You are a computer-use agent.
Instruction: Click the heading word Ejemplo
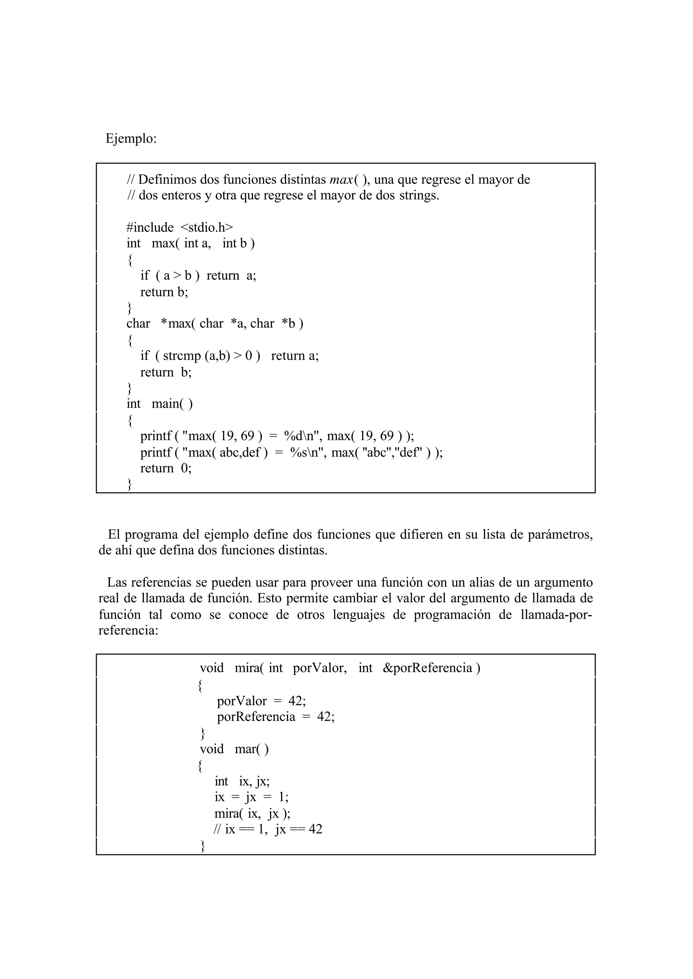pyautogui.click(x=131, y=139)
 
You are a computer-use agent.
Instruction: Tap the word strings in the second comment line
pyautogui.click(x=419, y=196)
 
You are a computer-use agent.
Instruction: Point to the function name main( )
pyautogui.click(x=172, y=403)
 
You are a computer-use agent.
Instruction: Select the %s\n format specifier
pyautogui.click(x=306, y=452)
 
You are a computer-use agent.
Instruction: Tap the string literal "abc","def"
pyautogui.click(x=392, y=452)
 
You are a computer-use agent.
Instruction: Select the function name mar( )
pyautogui.click(x=252, y=749)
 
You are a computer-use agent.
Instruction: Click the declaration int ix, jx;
pyautogui.click(x=242, y=781)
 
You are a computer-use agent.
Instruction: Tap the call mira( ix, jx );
pyautogui.click(x=252, y=814)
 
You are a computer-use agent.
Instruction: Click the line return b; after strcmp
pyautogui.click(x=166, y=372)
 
